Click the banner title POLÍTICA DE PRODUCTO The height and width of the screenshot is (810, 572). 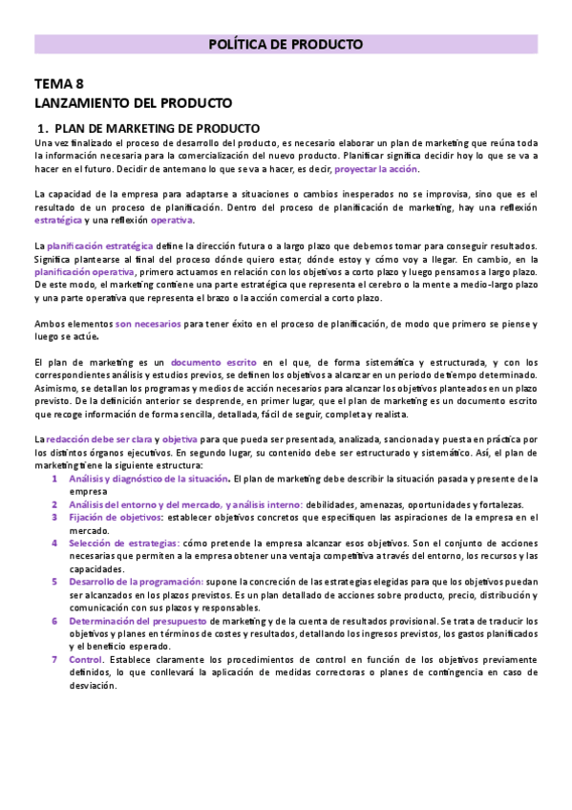286,44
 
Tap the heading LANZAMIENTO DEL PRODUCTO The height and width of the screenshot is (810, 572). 133,103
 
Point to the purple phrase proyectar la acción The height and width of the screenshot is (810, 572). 376,168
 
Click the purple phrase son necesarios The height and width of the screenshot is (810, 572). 148,323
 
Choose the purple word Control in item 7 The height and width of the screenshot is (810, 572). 85,659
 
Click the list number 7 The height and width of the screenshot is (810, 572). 55,659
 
